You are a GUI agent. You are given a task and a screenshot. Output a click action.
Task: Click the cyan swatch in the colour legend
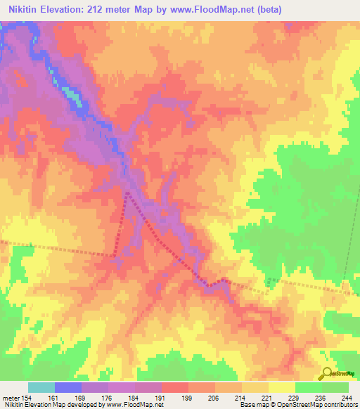point(41,387)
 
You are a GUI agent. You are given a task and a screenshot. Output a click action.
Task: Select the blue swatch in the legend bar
point(68,387)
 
